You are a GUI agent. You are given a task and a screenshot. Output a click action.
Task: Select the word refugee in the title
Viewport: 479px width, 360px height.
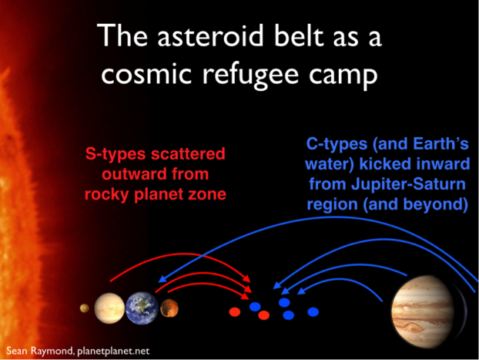click(x=250, y=76)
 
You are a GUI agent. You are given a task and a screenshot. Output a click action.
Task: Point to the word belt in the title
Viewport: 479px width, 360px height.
click(x=299, y=35)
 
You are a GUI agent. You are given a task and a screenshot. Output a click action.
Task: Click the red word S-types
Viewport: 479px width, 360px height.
click(x=116, y=153)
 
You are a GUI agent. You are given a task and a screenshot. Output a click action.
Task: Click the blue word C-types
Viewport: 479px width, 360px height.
click(x=337, y=143)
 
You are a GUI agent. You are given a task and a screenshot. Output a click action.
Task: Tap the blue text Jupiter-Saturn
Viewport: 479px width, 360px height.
click(x=408, y=184)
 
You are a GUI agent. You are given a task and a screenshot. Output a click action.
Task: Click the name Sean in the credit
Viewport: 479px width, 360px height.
click(x=17, y=351)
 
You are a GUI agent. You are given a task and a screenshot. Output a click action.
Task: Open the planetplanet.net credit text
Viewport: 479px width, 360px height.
click(x=113, y=351)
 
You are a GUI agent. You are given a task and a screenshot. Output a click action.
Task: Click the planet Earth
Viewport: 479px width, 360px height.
click(x=142, y=308)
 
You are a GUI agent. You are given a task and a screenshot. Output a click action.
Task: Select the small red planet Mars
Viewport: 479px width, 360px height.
click(x=169, y=308)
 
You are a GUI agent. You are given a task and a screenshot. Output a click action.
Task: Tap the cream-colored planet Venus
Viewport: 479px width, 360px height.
click(x=109, y=308)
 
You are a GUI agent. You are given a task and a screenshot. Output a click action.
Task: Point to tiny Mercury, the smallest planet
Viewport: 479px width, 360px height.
click(x=84, y=308)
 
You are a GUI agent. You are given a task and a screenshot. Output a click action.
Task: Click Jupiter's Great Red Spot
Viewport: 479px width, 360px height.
click(x=413, y=328)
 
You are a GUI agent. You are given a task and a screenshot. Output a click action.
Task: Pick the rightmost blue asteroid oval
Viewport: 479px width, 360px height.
click(x=313, y=312)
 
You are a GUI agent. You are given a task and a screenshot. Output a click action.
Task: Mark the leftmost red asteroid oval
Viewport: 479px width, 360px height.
click(x=235, y=312)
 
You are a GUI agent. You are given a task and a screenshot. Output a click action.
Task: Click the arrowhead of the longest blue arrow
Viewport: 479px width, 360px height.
click(x=162, y=278)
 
